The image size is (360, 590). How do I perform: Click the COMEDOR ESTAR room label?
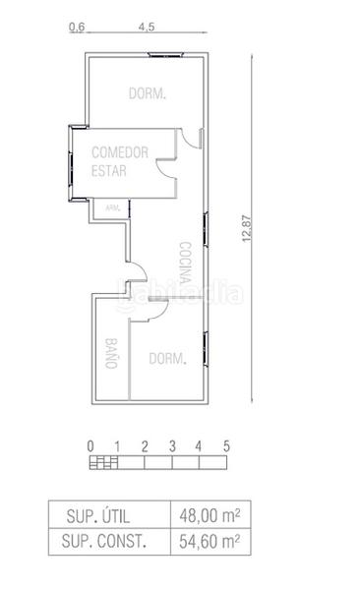[x=119, y=161]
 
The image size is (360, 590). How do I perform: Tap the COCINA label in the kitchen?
[x=185, y=261]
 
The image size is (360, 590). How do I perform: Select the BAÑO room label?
[x=110, y=352]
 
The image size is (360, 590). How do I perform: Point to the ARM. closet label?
[x=112, y=207]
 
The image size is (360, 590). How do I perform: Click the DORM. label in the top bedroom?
[x=148, y=93]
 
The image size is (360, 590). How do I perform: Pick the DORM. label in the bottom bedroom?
[x=167, y=359]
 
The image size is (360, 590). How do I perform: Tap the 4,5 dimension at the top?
[x=148, y=28]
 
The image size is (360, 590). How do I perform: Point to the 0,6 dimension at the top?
[x=77, y=28]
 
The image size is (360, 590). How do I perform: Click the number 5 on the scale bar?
[x=226, y=445]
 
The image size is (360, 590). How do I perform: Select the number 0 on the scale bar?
[x=90, y=445]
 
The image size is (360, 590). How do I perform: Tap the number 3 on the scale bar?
[x=171, y=445]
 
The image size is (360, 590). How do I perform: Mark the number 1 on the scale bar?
[x=117, y=445]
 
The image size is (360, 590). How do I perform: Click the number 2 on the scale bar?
[x=145, y=445]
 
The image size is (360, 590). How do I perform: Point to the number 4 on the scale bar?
[x=199, y=445]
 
